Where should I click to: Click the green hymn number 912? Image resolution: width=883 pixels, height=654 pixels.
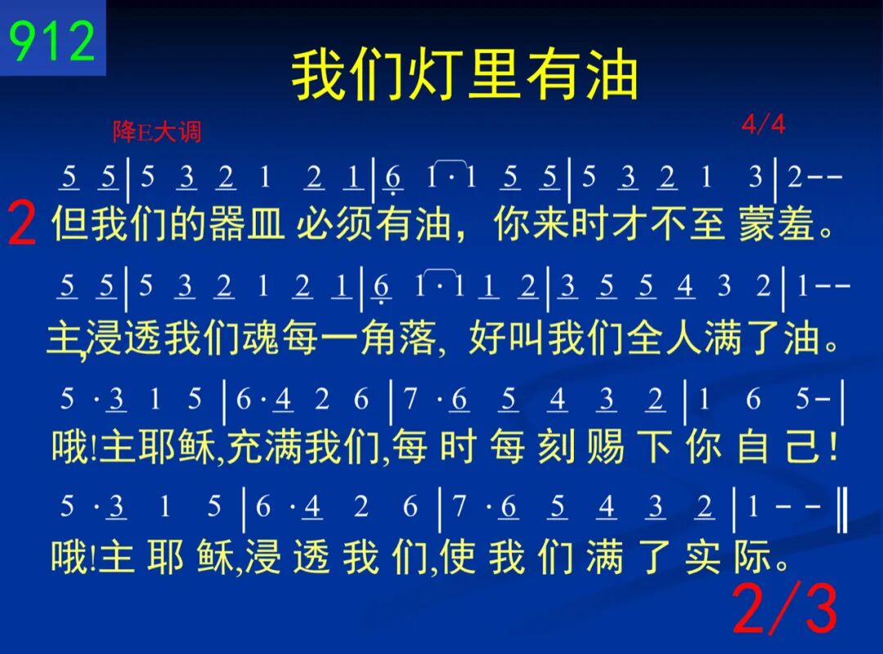click(x=52, y=41)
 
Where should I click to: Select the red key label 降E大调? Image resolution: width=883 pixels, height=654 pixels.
click(x=156, y=132)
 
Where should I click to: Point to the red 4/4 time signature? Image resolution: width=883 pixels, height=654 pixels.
click(x=763, y=124)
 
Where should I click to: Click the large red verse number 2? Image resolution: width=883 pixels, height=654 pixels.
click(x=23, y=224)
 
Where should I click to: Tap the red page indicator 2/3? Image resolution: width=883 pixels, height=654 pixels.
click(x=785, y=608)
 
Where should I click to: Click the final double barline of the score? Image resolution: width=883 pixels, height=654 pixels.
click(x=842, y=510)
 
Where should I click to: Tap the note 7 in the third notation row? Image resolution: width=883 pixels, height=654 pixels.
click(x=410, y=399)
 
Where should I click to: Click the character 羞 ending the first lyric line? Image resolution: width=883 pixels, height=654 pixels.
click(x=796, y=224)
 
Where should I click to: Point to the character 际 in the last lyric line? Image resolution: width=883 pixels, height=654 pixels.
click(x=752, y=557)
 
